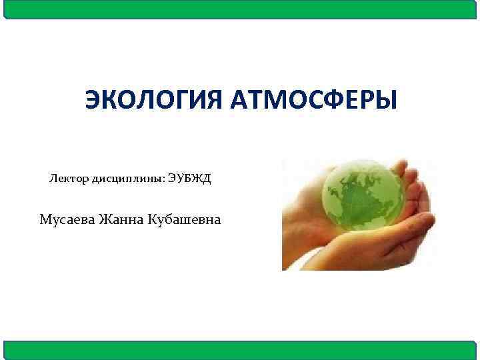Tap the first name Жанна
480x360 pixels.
click(123, 219)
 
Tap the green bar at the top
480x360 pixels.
click(240, 9)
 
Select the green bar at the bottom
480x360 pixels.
click(240, 350)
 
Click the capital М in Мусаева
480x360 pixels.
click(45, 219)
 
